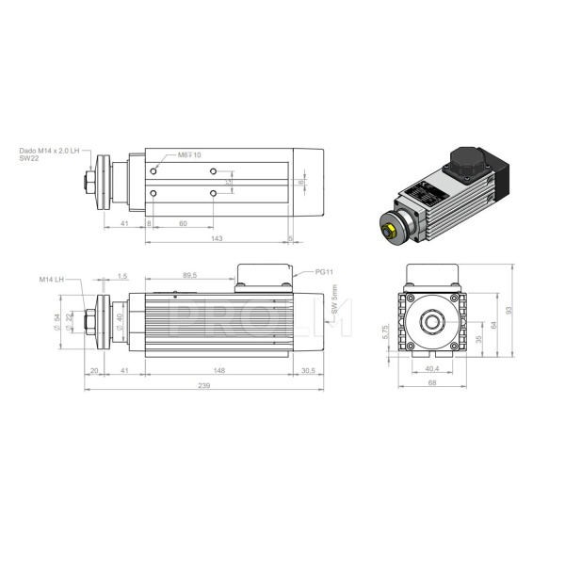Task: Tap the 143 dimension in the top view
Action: [x=218, y=239]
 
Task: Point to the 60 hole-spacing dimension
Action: [x=182, y=224]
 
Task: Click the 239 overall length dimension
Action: [x=203, y=386]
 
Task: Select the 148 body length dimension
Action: [x=219, y=371]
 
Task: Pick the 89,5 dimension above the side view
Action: [x=188, y=276]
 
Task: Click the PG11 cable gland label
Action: [x=326, y=272]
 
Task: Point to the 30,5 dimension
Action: [x=308, y=371]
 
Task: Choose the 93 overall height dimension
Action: [x=508, y=310]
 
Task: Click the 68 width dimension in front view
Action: [x=432, y=383]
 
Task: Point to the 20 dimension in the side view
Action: [x=93, y=371]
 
